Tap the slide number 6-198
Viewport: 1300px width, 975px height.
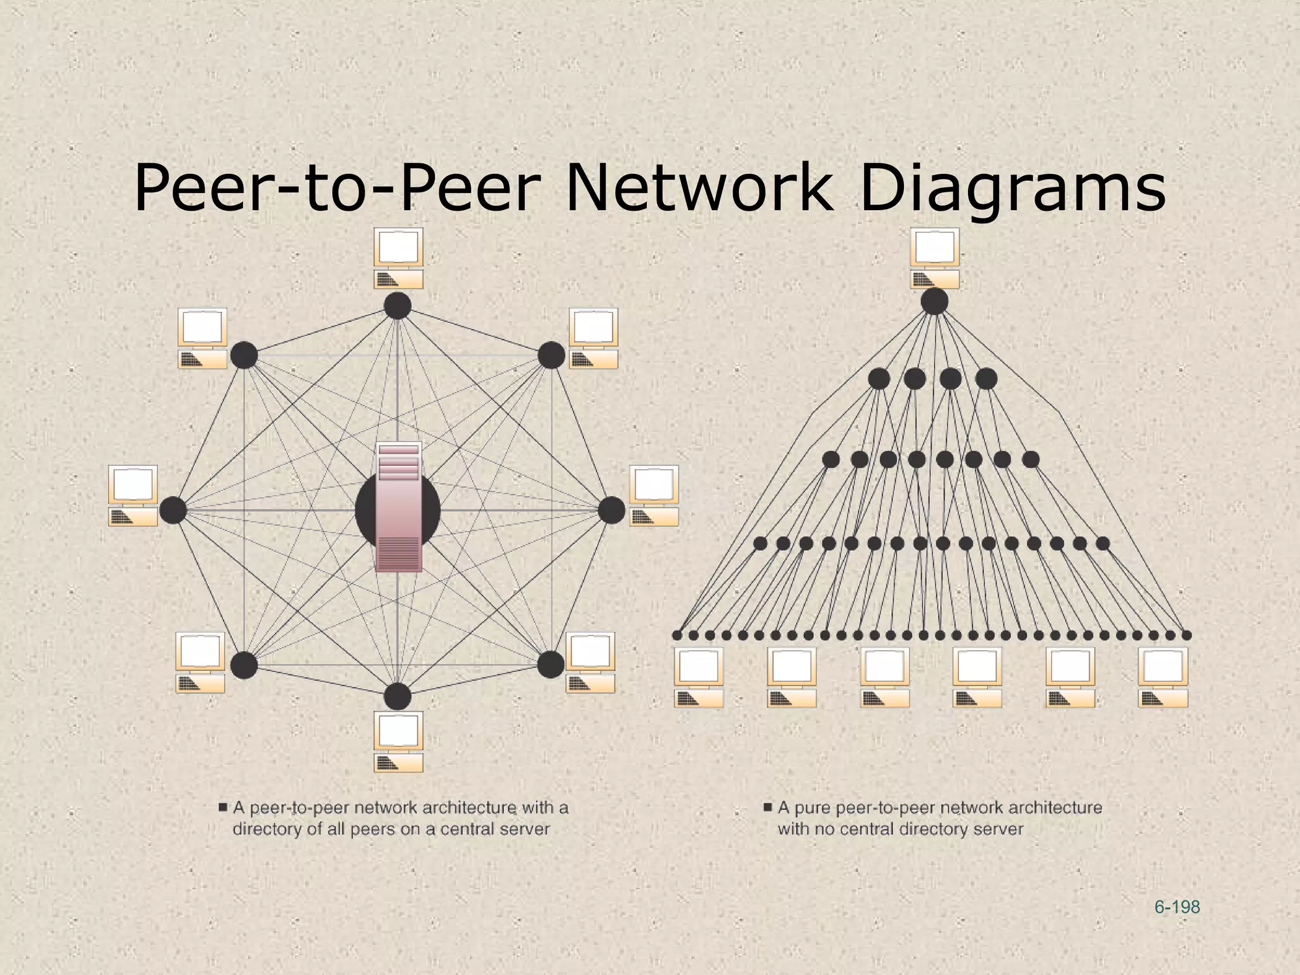coord(1177,907)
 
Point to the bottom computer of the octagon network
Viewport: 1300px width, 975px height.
coord(398,741)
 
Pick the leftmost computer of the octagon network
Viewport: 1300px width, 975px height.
coord(133,496)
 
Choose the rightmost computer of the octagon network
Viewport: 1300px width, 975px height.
coord(654,496)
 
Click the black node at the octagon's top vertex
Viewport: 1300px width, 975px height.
coord(397,306)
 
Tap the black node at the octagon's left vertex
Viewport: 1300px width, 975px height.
coord(173,510)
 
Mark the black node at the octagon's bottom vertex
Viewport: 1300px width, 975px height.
coord(397,696)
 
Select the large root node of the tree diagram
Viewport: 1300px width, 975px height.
coord(934,301)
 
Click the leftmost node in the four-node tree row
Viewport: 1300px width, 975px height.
coord(879,379)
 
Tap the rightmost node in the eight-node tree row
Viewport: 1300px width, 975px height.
coord(1031,458)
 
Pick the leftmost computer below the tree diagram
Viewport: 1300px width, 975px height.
coord(698,677)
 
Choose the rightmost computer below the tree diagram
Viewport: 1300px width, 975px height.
coord(1163,677)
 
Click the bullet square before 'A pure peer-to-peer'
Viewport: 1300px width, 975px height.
coord(767,807)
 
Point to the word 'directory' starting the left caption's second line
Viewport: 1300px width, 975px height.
coord(267,829)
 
